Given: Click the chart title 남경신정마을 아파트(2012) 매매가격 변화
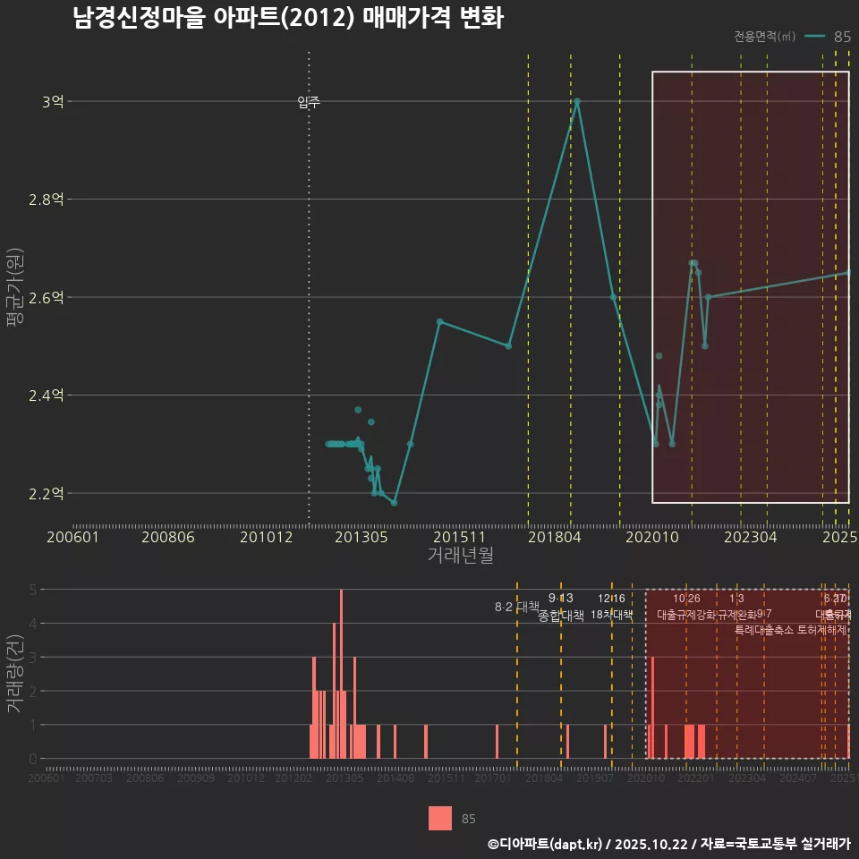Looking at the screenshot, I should (288, 19).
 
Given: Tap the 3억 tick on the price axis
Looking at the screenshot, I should (53, 102).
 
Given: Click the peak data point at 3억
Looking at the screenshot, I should (577, 101).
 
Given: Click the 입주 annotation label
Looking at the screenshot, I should (309, 103).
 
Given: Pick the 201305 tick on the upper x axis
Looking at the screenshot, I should (361, 537).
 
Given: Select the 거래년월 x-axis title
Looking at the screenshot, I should (460, 556).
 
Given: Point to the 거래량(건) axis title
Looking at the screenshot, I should (15, 674).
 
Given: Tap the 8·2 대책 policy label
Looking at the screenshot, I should (516, 607).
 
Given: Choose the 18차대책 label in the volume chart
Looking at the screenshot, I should (612, 615).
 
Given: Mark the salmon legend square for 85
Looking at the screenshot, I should (440, 818).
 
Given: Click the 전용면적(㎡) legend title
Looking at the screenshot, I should (764, 37).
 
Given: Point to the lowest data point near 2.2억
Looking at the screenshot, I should (394, 503).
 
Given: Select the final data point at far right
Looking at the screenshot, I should (847, 273).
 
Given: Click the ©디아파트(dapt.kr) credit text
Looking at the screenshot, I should (546, 844).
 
